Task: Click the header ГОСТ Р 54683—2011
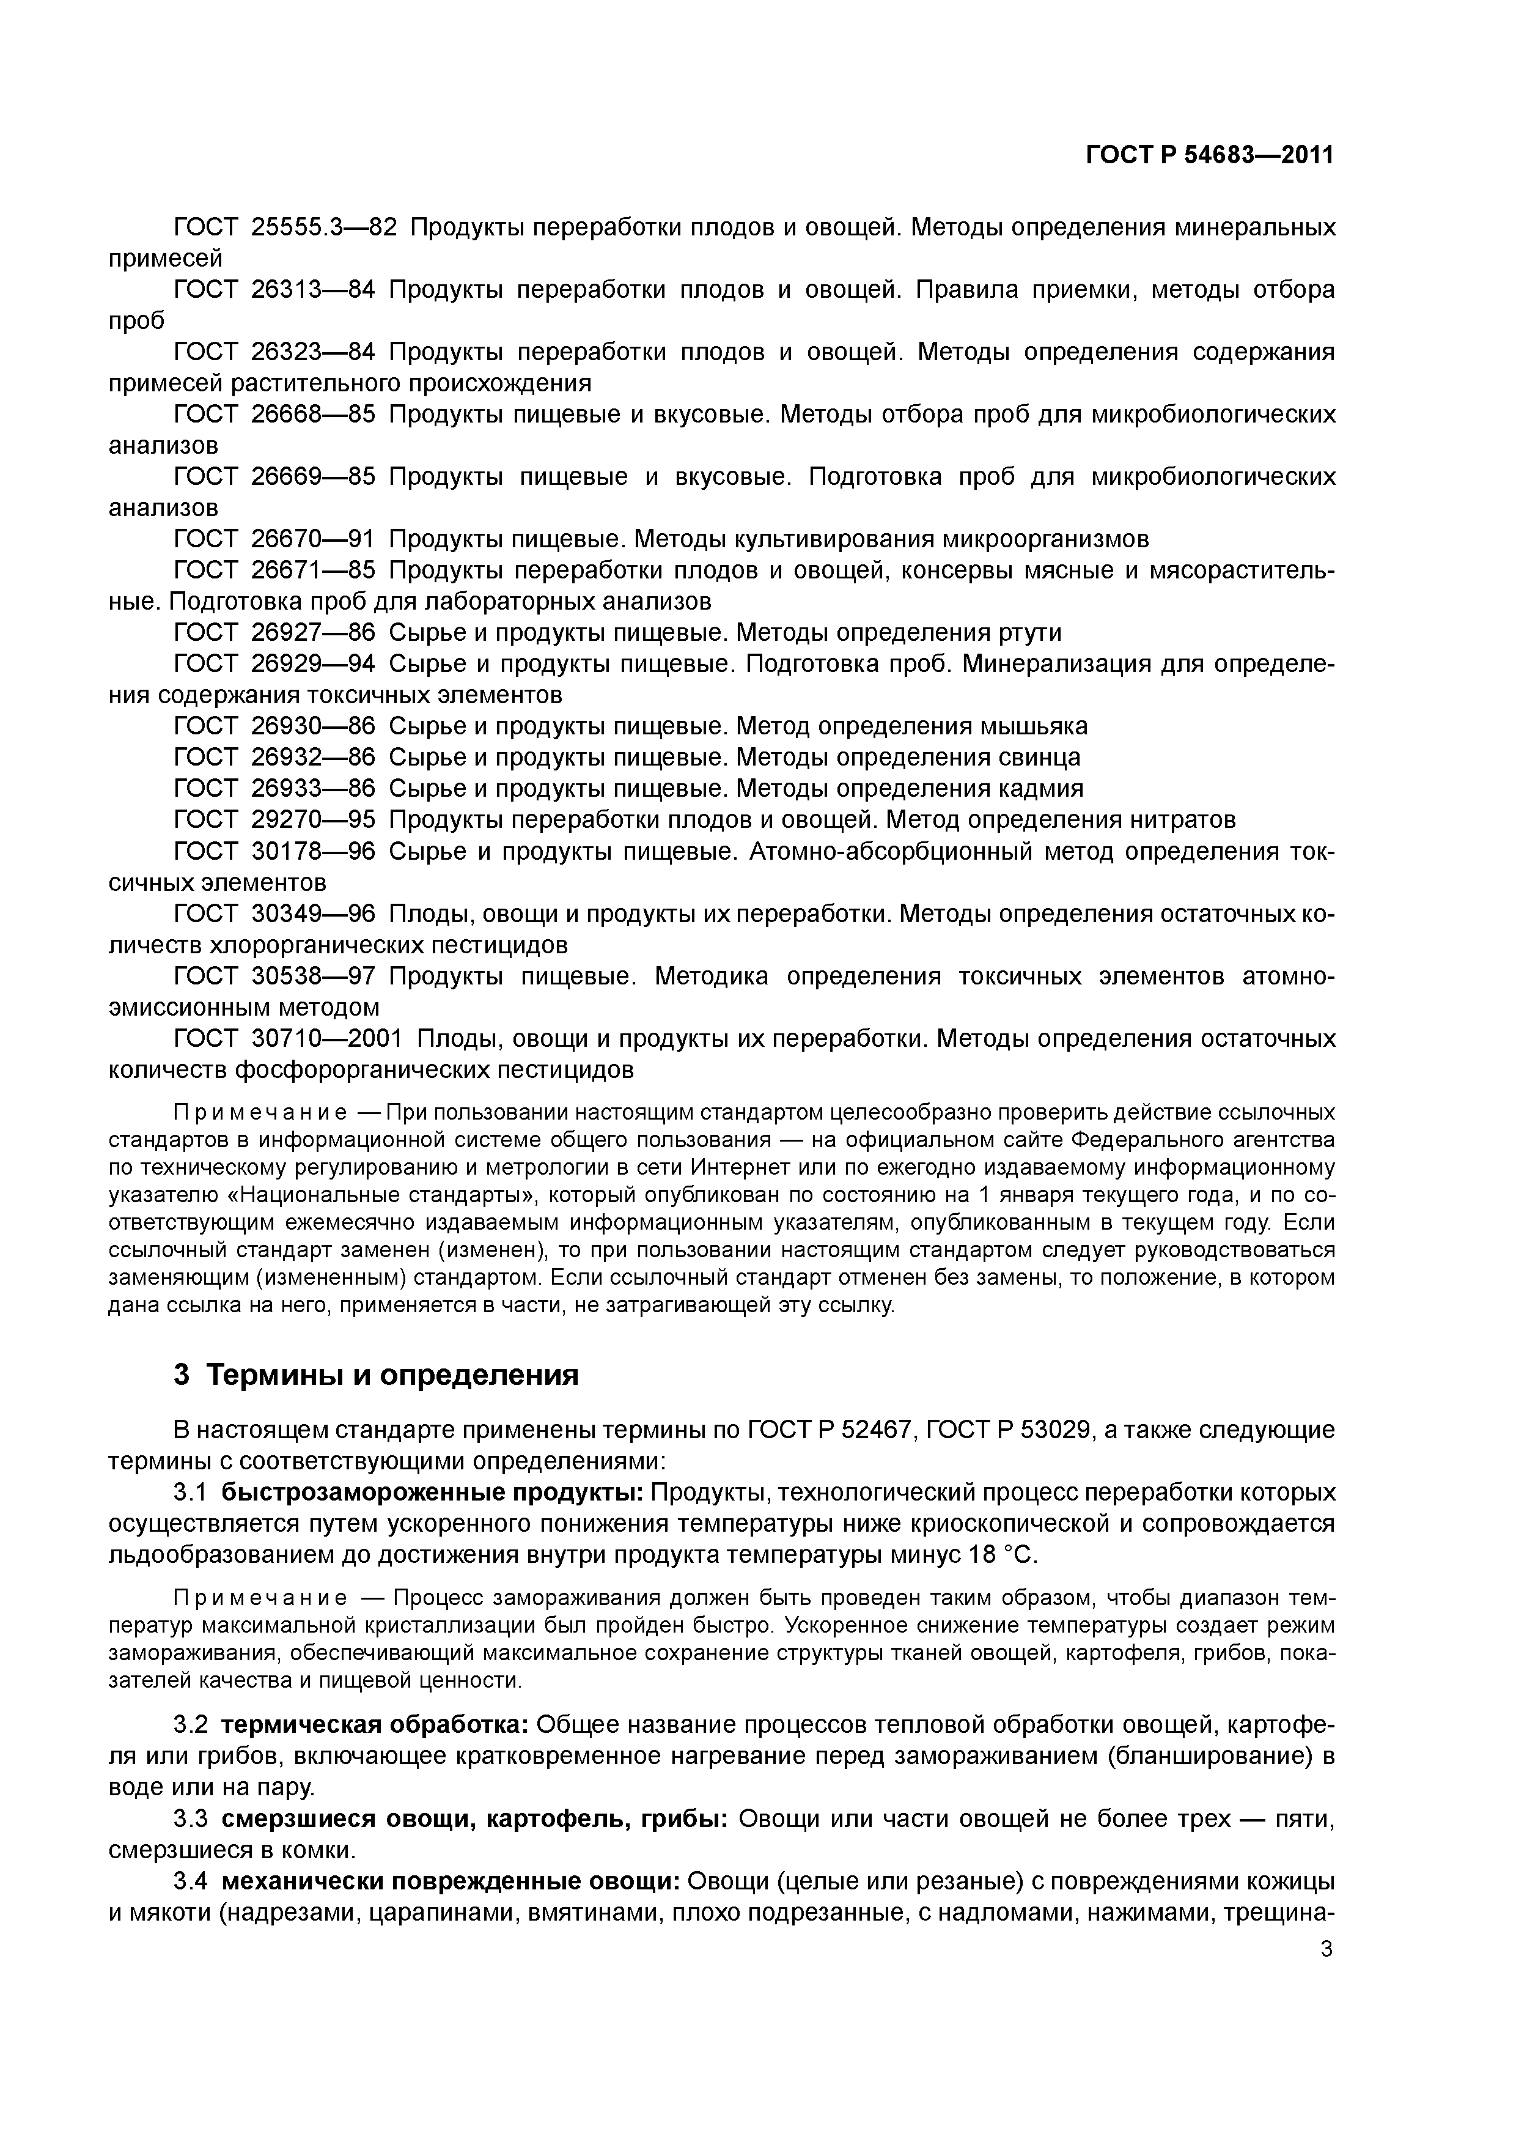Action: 1210,155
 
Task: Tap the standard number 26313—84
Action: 313,290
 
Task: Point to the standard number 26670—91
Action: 313,539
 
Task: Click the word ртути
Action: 1028,632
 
